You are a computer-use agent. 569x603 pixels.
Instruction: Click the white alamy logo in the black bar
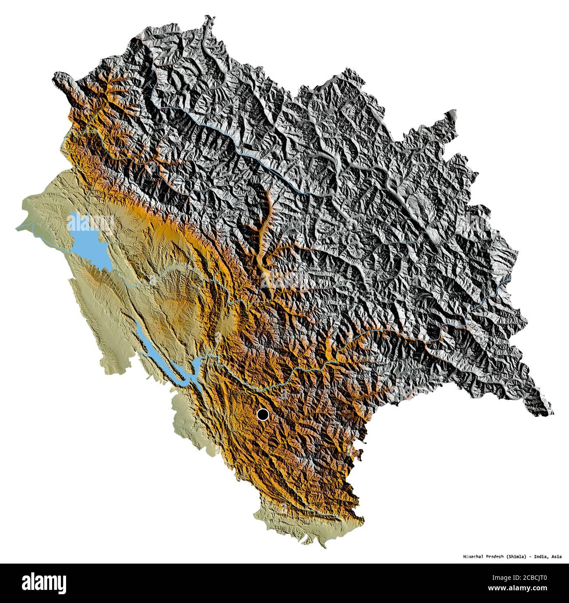point(44,583)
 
